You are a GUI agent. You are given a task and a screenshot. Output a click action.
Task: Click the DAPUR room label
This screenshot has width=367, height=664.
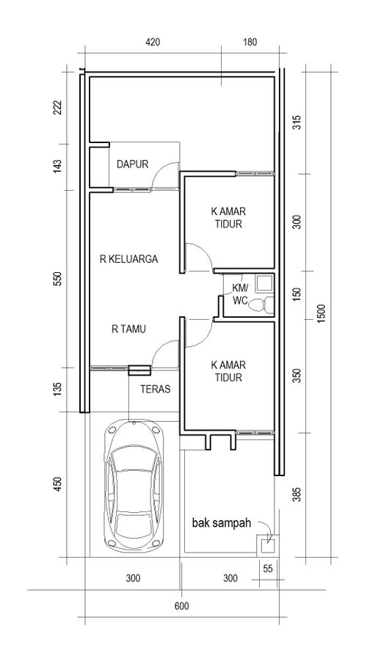[133, 164]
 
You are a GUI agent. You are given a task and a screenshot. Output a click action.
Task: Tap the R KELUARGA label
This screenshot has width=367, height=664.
[129, 259]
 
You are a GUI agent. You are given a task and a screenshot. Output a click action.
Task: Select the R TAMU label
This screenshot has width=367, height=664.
[129, 329]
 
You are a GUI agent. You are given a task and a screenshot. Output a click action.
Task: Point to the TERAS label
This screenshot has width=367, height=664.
[156, 389]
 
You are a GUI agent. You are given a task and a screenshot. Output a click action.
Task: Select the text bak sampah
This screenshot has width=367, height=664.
[222, 523]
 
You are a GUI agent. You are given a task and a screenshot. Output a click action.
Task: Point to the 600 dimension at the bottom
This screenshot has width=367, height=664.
[182, 606]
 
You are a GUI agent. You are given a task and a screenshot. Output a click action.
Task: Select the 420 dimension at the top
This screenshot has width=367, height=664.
[153, 43]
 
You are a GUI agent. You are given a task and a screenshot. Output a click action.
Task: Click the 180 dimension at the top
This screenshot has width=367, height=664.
[250, 43]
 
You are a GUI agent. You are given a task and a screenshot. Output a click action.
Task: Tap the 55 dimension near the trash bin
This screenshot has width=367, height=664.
[268, 569]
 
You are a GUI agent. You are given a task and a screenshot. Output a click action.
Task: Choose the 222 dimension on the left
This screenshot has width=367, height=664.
[58, 108]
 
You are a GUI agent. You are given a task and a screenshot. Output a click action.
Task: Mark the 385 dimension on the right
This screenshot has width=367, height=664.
[297, 495]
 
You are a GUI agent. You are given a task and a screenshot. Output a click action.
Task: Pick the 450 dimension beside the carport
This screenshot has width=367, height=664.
[58, 484]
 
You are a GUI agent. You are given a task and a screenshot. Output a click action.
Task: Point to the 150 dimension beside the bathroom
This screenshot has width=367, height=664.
[297, 293]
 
